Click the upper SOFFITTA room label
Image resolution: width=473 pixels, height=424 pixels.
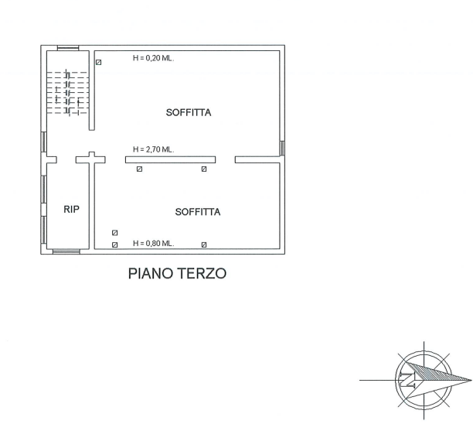coord(189,113)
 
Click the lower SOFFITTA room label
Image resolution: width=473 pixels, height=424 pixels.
coord(198,212)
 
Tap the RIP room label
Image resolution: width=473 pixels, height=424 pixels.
coord(71,209)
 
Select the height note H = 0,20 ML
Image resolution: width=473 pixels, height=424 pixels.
coord(152,58)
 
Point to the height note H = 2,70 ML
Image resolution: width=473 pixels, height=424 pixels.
coord(152,149)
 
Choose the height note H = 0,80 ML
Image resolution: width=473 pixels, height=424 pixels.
coord(152,243)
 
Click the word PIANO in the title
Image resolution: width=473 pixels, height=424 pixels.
coord(151,274)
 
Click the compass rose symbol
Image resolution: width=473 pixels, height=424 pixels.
coord(424,378)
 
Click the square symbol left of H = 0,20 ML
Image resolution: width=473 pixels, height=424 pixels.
coord(99,62)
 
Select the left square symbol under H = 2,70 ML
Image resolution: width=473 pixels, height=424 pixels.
coord(139,169)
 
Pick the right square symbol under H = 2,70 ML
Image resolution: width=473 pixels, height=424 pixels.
coord(204,169)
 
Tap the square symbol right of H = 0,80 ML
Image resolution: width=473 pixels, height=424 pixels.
coord(204,244)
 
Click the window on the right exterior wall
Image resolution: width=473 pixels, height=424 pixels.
coord(283,147)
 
